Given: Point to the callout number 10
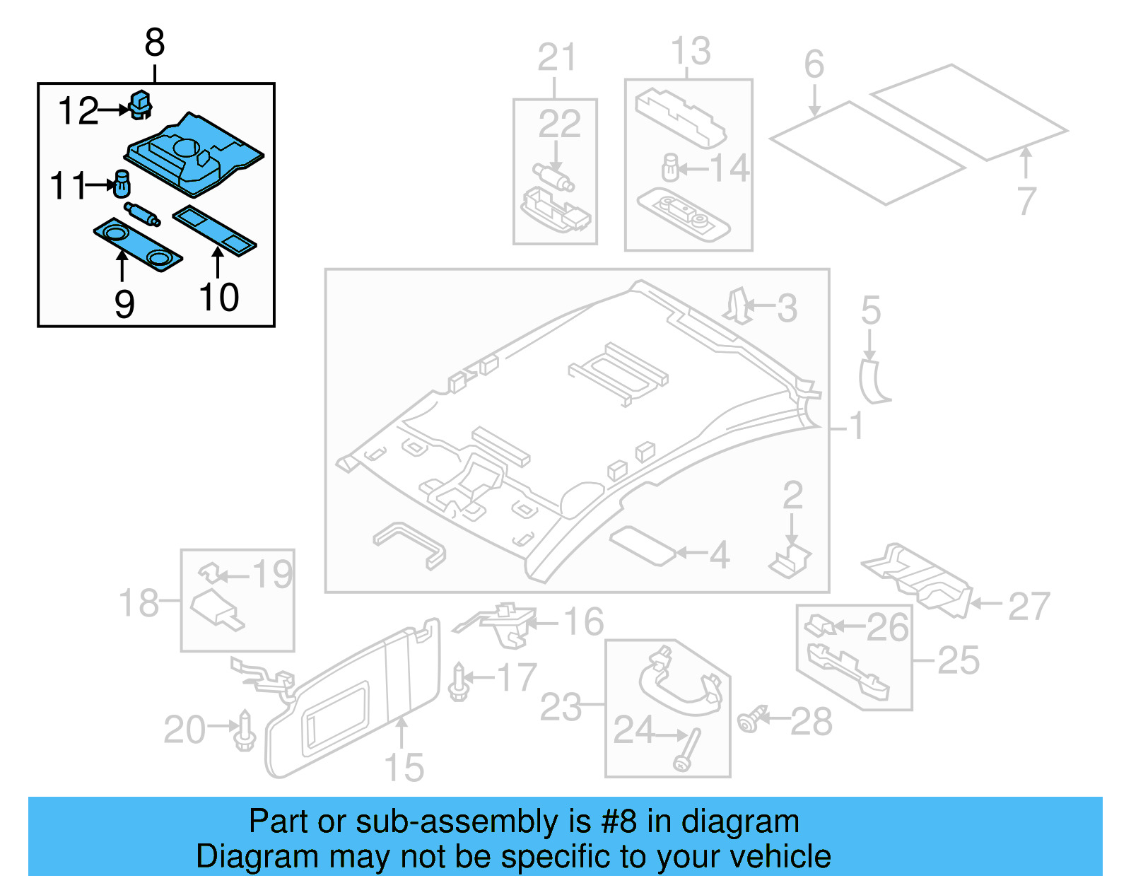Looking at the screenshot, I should (x=219, y=297).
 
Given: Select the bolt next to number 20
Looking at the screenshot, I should (x=245, y=732).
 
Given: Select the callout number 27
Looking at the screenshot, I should (x=1029, y=607).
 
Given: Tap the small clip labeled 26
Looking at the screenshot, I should (x=819, y=625).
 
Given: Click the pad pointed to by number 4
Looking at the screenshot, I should (x=643, y=545).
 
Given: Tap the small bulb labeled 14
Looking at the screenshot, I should (x=670, y=168).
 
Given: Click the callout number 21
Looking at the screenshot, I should (x=556, y=57).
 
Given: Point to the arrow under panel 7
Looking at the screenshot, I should (x=1026, y=162).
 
